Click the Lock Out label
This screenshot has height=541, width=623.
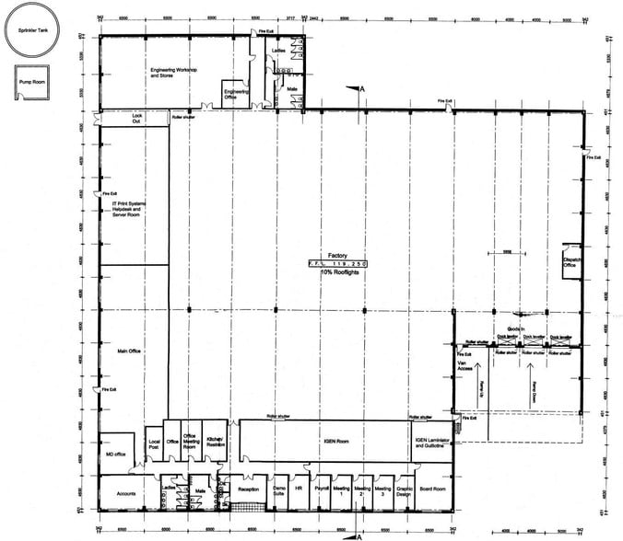pyautogui.click(x=136, y=119)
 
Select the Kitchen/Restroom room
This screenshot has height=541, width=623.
pyautogui.click(x=215, y=442)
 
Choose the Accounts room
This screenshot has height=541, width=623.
pyautogui.click(x=127, y=492)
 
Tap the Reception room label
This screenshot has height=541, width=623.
pyautogui.click(x=248, y=490)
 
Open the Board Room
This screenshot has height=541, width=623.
pyautogui.click(x=432, y=489)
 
